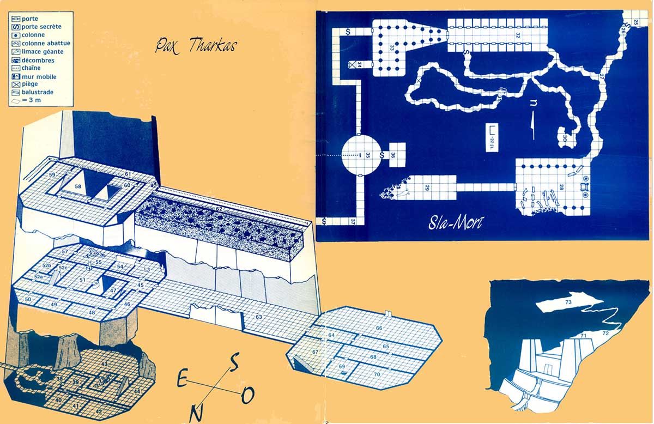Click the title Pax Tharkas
196,45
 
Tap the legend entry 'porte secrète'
41,27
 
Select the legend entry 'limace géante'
43,52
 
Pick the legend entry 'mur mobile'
39,77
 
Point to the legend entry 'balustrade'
38,93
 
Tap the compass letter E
183,379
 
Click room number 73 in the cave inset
568,301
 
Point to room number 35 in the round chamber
368,155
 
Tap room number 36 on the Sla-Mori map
393,155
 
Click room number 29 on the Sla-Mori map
427,188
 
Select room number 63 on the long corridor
259,317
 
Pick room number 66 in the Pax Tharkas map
379,328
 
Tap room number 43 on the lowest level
104,364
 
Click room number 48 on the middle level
92,312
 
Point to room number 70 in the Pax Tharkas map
377,374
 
